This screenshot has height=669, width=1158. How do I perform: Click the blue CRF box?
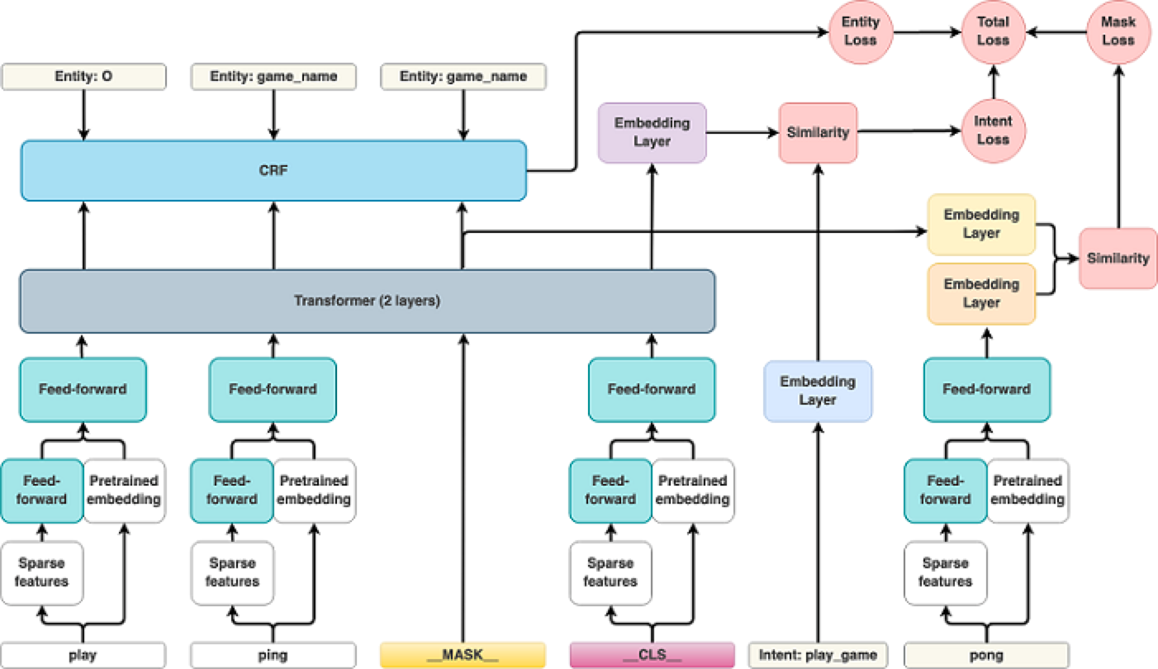click(273, 170)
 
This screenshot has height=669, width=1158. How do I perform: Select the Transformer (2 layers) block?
click(367, 301)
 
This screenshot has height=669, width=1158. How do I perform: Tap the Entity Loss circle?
click(859, 31)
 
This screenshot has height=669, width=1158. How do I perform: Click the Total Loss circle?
click(993, 31)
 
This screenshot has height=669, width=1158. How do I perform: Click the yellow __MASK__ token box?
click(463, 655)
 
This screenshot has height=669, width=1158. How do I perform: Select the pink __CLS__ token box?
click(652, 655)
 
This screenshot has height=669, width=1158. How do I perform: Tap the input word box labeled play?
click(83, 655)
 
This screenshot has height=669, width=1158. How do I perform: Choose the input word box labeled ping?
click(273, 655)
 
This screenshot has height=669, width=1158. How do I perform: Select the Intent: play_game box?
click(817, 655)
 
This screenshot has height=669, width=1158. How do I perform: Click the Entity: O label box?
click(83, 78)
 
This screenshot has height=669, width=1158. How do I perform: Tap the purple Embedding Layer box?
click(652, 132)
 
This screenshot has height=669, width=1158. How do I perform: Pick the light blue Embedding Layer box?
click(818, 391)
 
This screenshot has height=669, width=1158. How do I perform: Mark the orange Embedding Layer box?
click(981, 293)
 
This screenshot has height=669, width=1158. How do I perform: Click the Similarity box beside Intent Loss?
click(818, 132)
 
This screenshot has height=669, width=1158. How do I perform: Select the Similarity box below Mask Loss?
click(1118, 259)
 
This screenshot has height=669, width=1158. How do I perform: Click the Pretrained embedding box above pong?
click(1027, 490)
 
